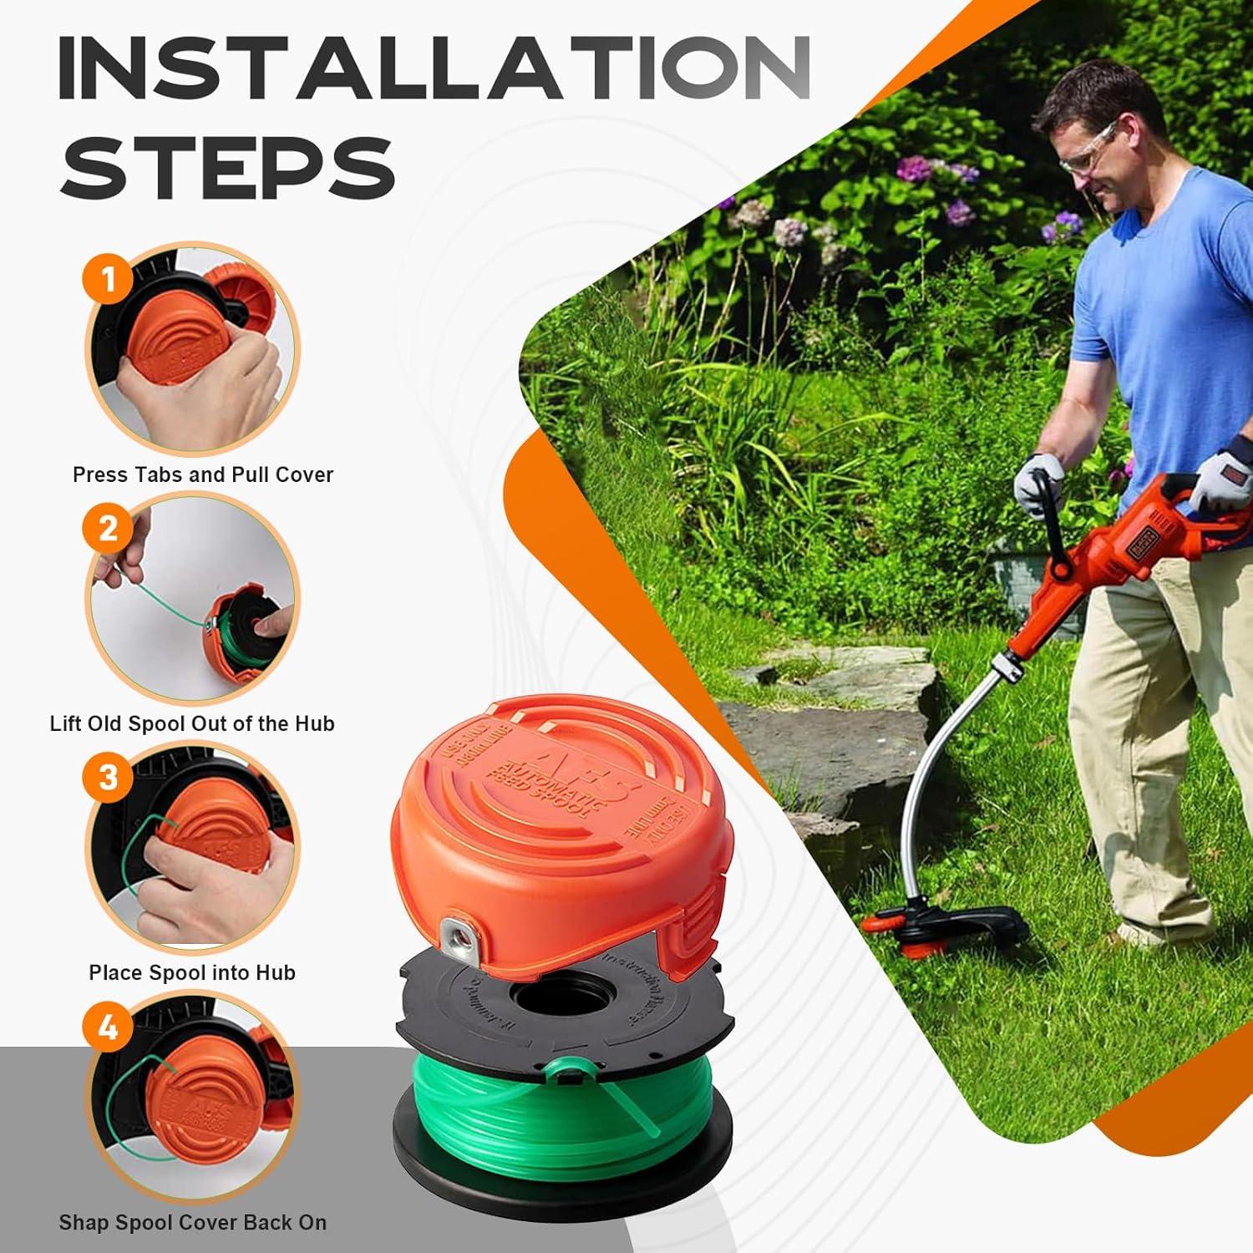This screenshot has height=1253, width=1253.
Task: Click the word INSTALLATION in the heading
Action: [434, 68]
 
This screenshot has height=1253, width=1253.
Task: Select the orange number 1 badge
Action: [109, 279]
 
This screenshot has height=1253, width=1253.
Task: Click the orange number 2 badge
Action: [109, 528]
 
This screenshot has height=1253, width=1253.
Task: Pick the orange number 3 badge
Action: [109, 778]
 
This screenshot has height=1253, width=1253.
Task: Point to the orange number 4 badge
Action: [109, 1027]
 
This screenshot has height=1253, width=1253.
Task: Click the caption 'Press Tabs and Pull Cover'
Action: [202, 474]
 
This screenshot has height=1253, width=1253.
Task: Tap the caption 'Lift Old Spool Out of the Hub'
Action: [192, 723]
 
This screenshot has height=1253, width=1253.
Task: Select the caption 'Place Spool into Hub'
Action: [192, 972]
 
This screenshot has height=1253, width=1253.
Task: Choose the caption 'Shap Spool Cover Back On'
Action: [192, 1222]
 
